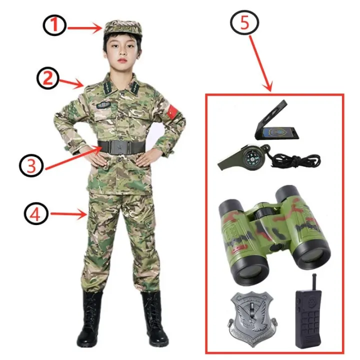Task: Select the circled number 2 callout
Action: (x=47, y=77)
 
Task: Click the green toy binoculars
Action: (x=274, y=230)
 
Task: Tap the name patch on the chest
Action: (x=104, y=104)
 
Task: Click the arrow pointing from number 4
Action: (x=68, y=215)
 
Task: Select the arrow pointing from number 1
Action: (x=85, y=28)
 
